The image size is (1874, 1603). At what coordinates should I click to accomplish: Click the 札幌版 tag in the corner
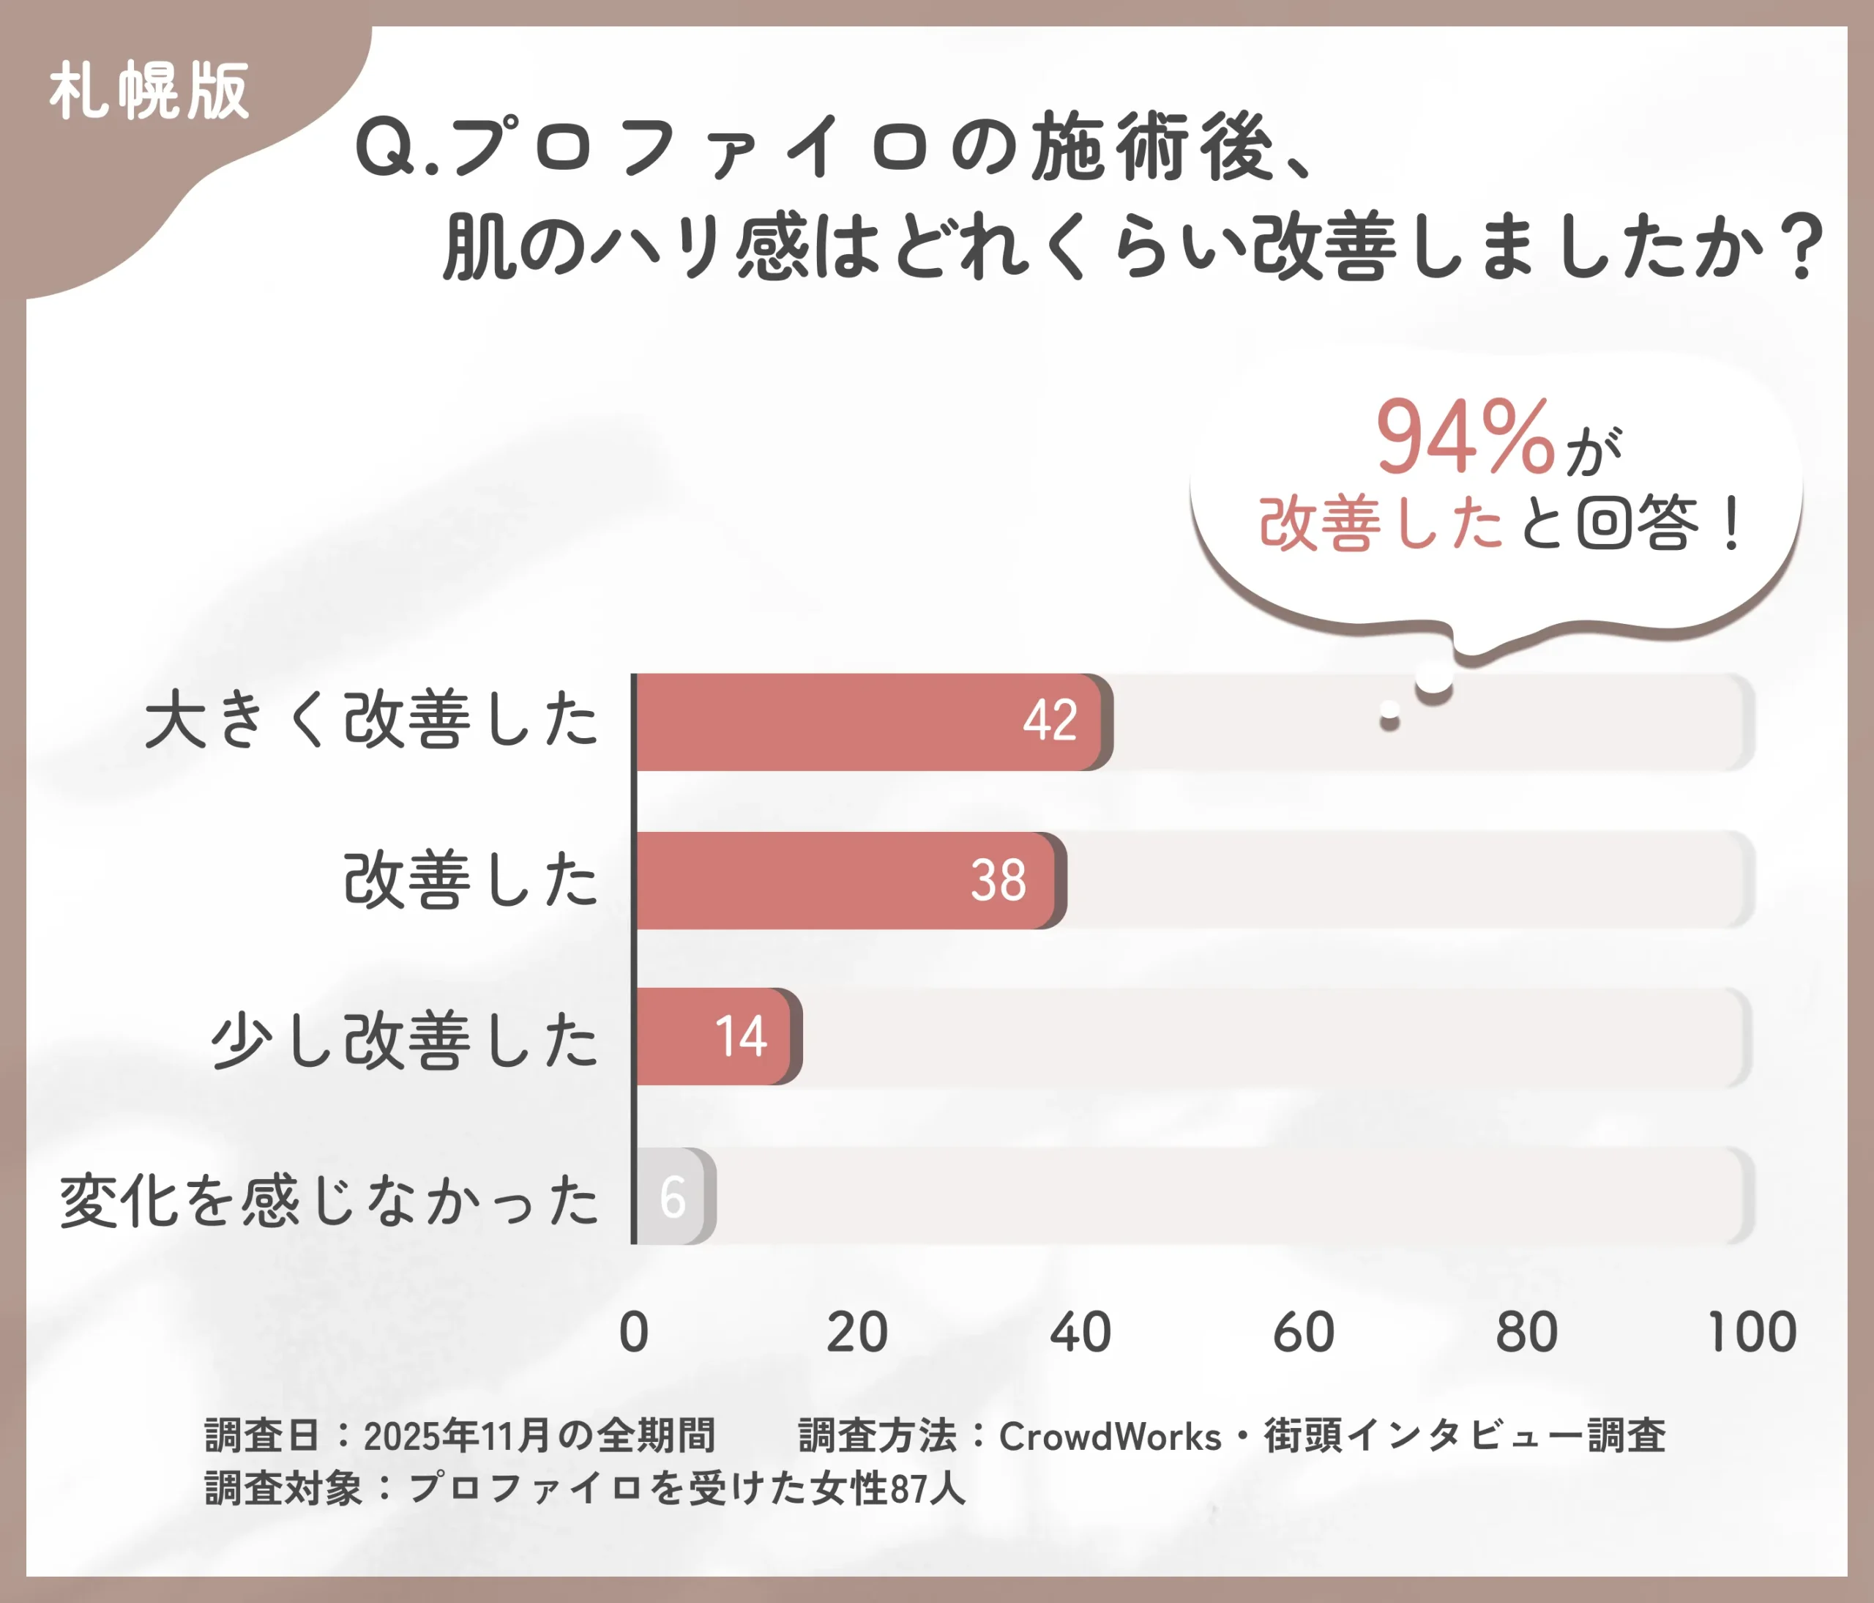149,91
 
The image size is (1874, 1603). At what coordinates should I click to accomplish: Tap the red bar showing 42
868,722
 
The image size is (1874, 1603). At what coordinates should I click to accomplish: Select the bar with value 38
845,880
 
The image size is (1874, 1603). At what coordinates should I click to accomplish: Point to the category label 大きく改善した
371,720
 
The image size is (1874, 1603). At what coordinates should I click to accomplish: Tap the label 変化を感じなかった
329,1200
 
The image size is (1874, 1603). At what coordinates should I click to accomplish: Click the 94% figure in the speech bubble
1466,438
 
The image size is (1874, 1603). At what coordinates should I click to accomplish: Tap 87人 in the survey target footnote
927,1489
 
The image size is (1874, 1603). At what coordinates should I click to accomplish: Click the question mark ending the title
1800,246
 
